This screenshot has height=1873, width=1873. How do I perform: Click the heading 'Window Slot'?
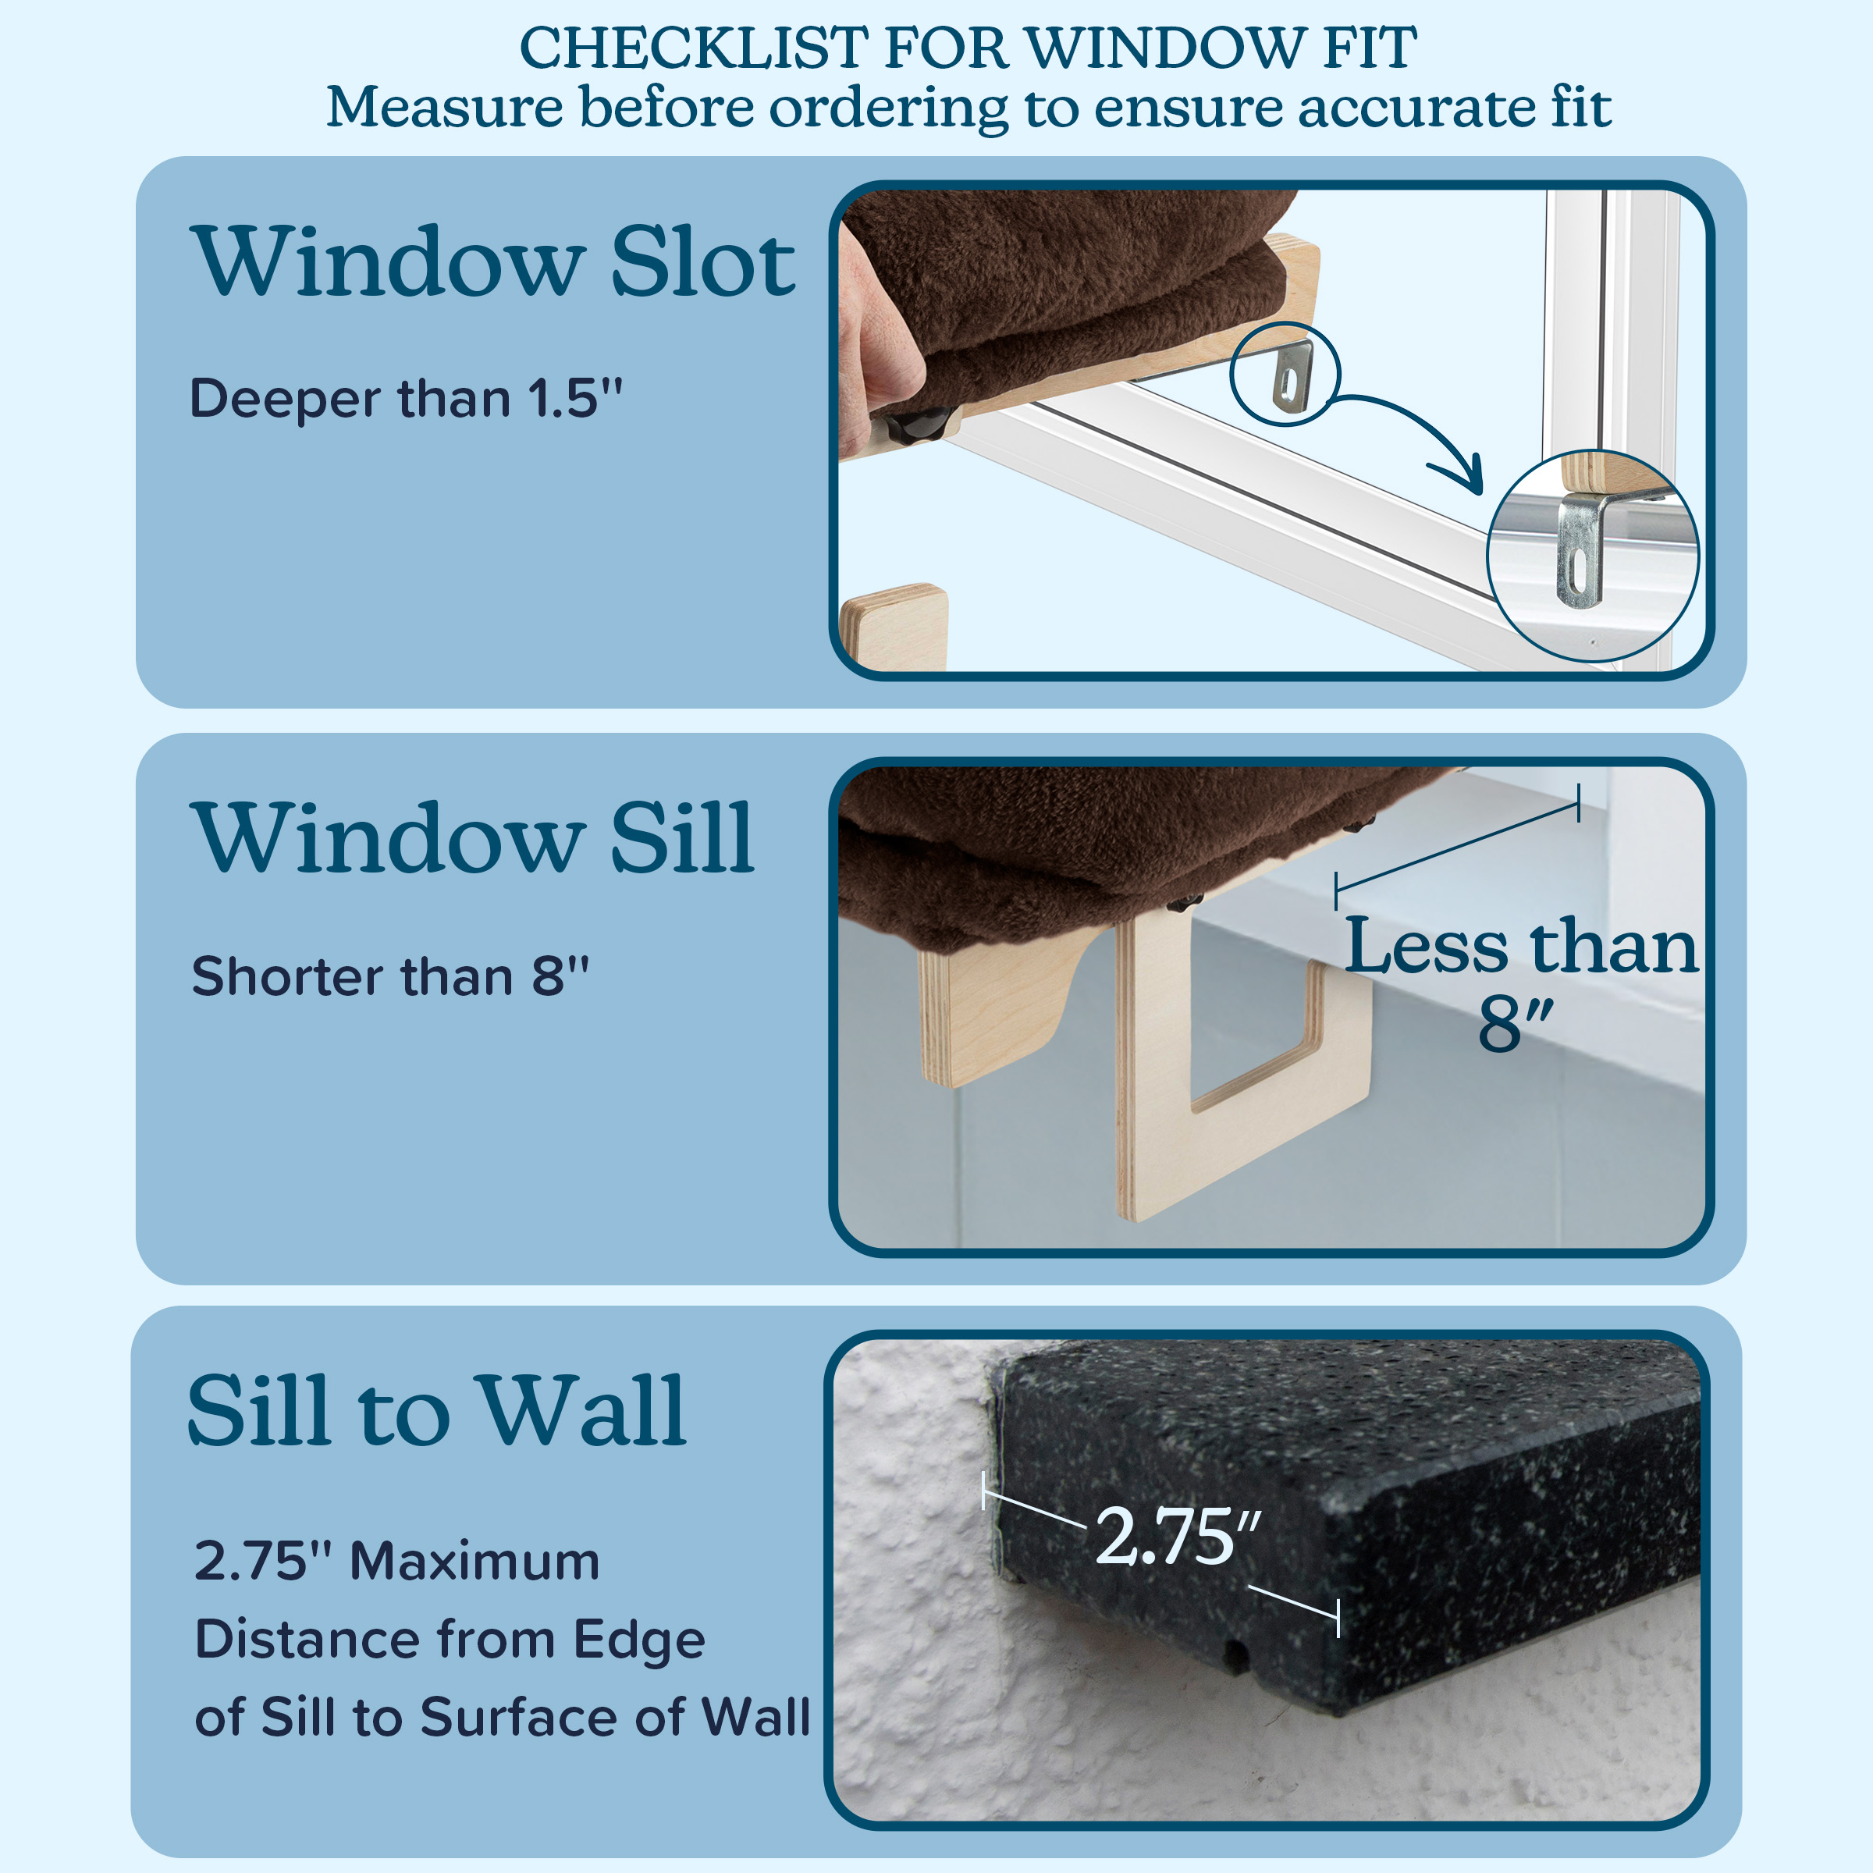click(495, 261)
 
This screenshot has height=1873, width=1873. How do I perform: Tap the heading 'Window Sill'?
click(474, 839)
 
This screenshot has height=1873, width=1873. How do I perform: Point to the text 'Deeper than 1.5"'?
click(406, 399)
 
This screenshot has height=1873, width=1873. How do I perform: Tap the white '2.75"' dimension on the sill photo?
click(1178, 1536)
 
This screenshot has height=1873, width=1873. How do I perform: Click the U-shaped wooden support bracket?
click(1244, 1066)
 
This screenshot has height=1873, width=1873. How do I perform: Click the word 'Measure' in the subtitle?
click(444, 107)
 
